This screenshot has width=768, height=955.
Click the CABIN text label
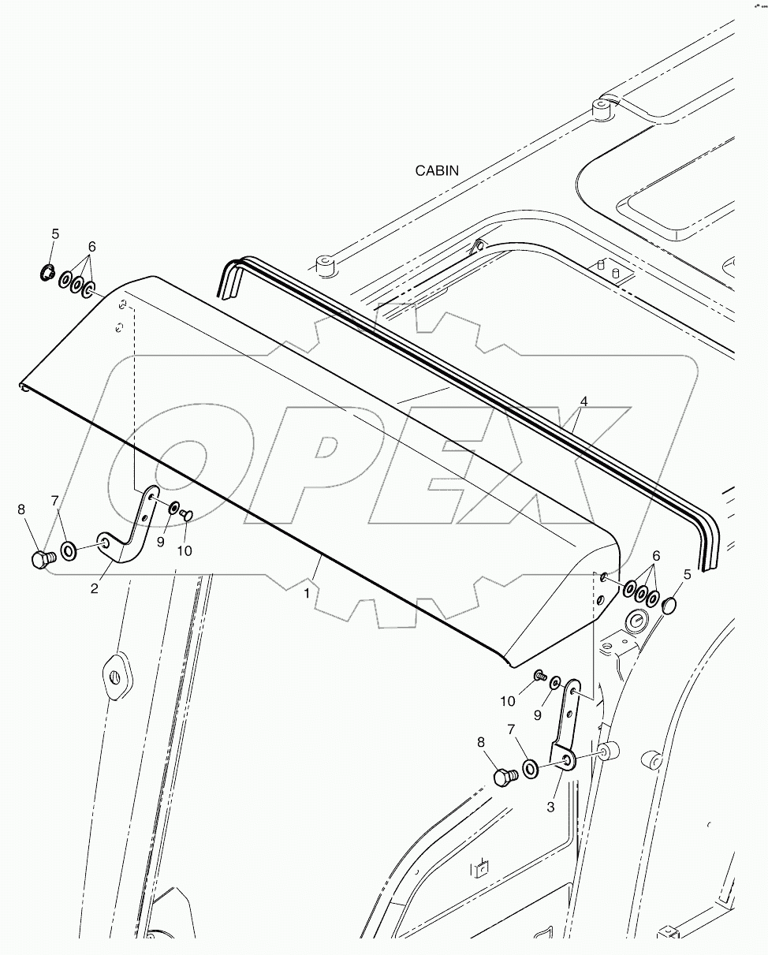tap(437, 170)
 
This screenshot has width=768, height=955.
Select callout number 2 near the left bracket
tap(94, 588)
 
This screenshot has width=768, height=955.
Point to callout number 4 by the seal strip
tap(583, 401)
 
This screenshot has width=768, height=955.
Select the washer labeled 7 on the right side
tap(531, 767)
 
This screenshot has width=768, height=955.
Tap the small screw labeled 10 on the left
tap(187, 514)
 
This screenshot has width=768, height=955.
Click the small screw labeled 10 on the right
tap(541, 675)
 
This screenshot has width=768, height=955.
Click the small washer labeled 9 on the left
tap(173, 507)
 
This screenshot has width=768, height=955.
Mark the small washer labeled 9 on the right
tap(556, 681)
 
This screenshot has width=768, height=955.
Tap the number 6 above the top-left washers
tap(91, 247)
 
